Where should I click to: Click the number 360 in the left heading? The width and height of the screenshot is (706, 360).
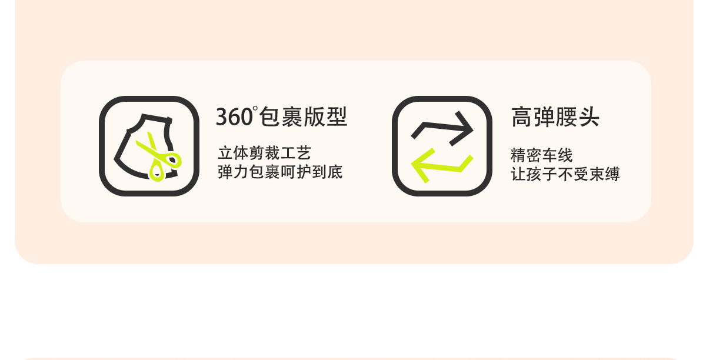(x=234, y=117)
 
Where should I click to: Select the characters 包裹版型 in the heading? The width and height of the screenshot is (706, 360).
(x=303, y=117)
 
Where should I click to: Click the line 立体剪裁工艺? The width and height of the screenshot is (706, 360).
(x=264, y=154)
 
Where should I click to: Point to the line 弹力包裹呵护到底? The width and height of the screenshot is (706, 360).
(x=280, y=172)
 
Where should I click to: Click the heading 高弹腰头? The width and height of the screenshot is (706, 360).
(x=555, y=117)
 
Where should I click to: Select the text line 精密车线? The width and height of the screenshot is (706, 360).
(x=541, y=155)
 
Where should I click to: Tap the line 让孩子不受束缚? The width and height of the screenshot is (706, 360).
(x=565, y=174)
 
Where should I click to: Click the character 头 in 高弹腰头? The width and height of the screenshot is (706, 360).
(x=588, y=117)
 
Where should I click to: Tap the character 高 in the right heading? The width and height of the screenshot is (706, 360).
(x=522, y=117)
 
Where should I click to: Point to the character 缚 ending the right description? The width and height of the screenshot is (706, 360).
(x=612, y=174)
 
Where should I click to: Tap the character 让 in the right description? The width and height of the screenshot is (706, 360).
(x=518, y=174)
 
